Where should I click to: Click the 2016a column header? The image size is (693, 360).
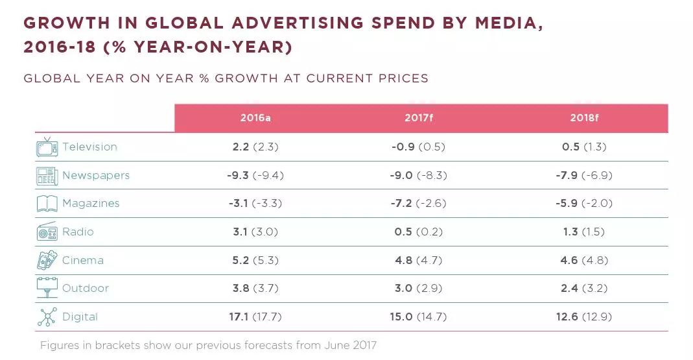(255, 118)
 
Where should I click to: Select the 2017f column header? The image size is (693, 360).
(418, 118)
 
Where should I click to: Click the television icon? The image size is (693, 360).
(47, 147)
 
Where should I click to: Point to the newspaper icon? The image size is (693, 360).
(47, 175)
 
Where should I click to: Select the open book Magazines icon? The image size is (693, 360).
(47, 204)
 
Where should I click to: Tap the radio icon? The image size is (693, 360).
(47, 232)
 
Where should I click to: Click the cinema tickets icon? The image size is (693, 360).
(47, 260)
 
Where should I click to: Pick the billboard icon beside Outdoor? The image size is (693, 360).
(47, 288)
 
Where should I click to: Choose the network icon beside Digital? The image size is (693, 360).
(47, 317)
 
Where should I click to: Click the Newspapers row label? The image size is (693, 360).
(96, 175)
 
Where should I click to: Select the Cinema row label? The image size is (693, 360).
(82, 260)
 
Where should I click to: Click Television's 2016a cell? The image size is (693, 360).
(255, 147)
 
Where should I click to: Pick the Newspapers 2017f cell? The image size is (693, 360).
(418, 175)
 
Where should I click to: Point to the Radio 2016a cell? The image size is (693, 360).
(255, 232)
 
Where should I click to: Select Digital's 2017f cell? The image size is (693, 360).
(418, 317)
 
